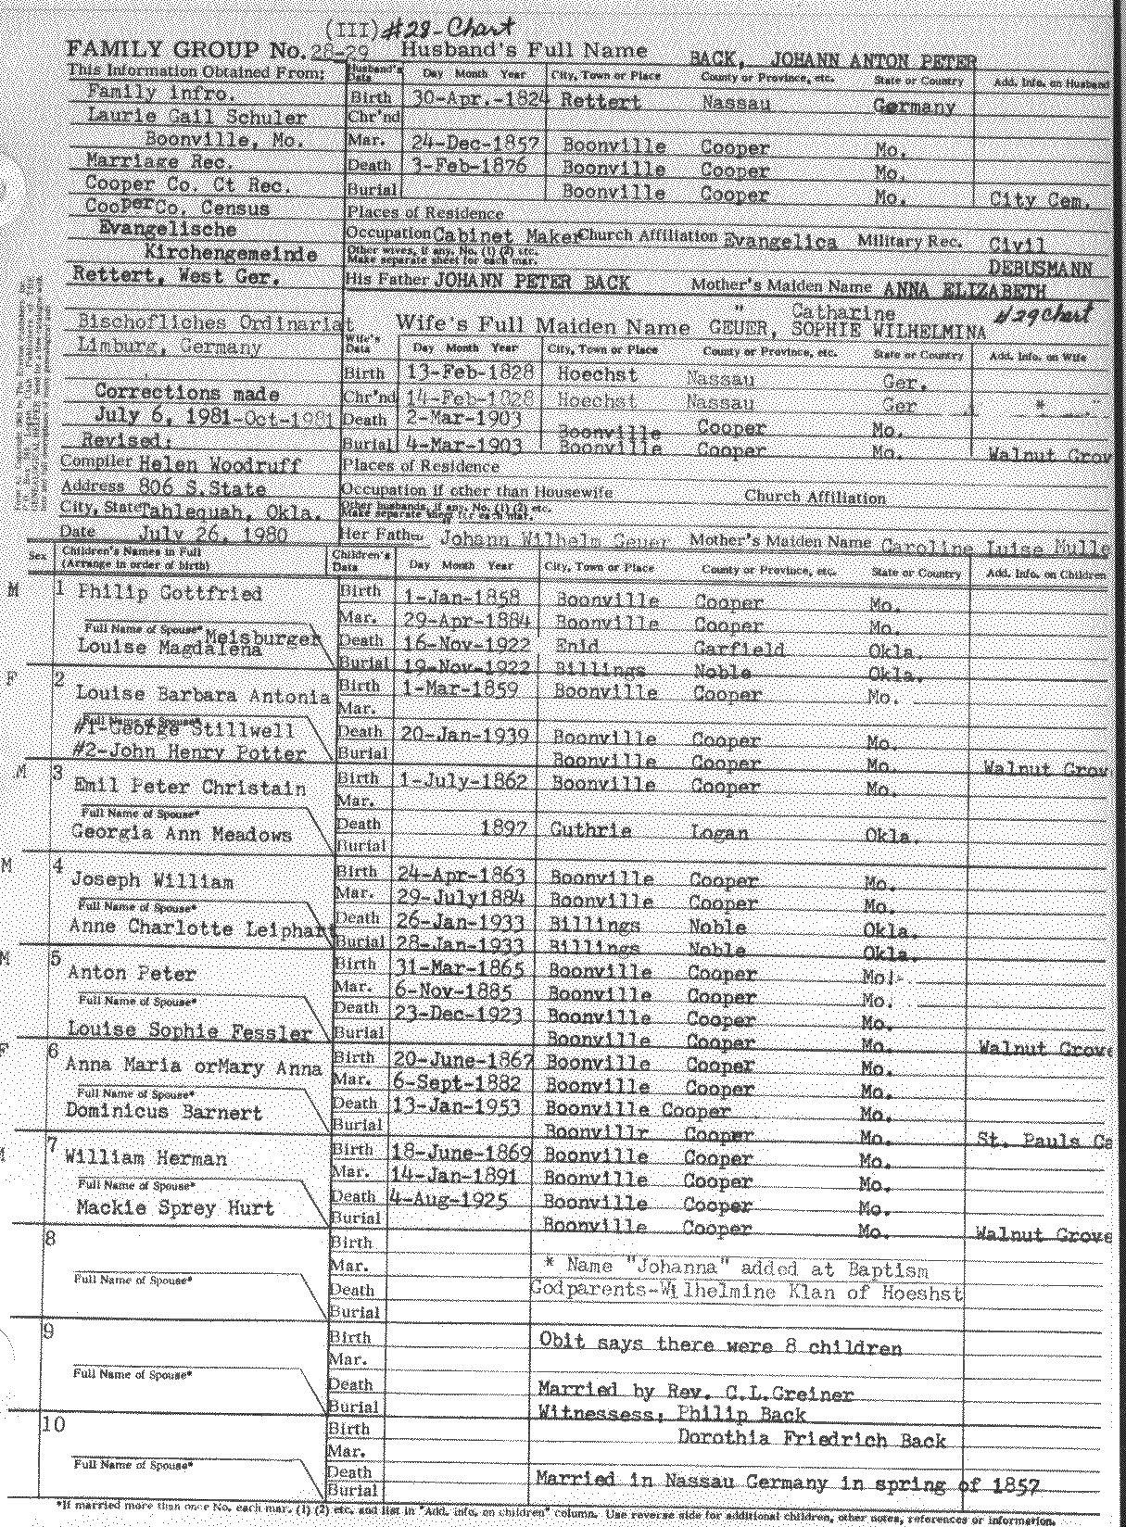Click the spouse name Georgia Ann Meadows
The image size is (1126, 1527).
[x=182, y=833]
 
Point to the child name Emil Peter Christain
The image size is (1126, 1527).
[x=190, y=788]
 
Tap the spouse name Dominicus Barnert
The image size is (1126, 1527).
[x=164, y=1112]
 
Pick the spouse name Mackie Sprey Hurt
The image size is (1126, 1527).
[x=177, y=1207]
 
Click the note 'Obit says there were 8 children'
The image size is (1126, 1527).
[x=720, y=1346]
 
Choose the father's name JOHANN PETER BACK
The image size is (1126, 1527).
[x=532, y=281]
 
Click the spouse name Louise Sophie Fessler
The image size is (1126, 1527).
[x=189, y=1030]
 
